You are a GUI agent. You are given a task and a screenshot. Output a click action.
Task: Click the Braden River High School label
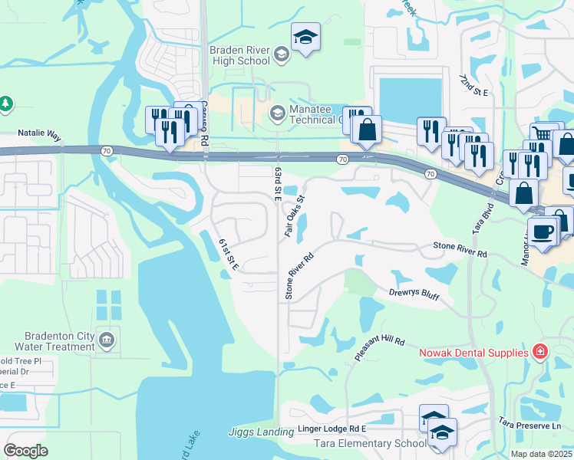239,56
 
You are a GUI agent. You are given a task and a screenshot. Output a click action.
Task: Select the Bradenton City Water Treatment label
48,341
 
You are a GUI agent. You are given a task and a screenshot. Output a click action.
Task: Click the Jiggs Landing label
260,432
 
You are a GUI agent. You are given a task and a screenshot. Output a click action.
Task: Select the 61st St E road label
229,255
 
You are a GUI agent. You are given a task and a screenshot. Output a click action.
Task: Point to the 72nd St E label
474,85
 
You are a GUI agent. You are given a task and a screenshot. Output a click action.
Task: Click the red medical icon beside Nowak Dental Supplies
540,352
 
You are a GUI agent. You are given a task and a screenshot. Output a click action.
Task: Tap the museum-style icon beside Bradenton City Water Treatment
107,339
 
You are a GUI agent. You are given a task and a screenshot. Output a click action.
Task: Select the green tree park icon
6,103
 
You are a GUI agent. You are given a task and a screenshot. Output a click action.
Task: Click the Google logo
26,451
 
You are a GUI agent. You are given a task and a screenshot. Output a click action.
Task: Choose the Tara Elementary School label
370,443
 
